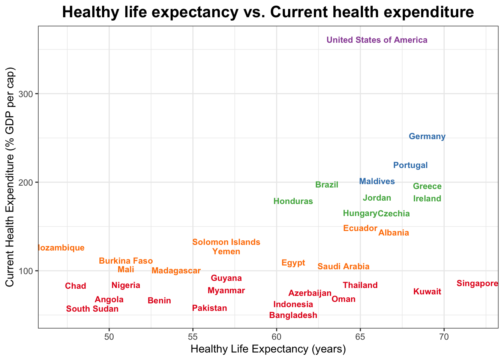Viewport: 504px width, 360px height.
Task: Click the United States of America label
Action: pyautogui.click(x=377, y=40)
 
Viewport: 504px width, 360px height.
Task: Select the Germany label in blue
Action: pyautogui.click(x=427, y=136)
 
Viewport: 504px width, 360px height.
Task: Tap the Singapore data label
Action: pyautogui.click(x=477, y=283)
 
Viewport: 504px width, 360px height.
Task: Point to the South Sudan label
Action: pyautogui.click(x=92, y=309)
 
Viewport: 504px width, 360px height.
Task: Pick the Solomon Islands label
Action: pyautogui.click(x=226, y=242)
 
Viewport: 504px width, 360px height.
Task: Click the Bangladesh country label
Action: pyautogui.click(x=293, y=315)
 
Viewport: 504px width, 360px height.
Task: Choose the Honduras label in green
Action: pyautogui.click(x=293, y=201)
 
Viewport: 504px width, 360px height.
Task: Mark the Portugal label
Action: pyautogui.click(x=410, y=165)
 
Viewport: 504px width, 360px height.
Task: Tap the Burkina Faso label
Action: pyautogui.click(x=126, y=261)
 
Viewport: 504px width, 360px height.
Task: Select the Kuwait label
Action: pyautogui.click(x=427, y=292)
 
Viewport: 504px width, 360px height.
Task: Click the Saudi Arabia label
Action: pyautogui.click(x=343, y=267)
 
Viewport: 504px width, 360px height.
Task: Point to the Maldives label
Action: pyautogui.click(x=377, y=181)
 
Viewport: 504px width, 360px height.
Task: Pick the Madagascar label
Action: pyautogui.click(x=176, y=271)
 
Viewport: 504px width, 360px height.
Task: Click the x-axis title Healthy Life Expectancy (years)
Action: pyautogui.click(x=268, y=349)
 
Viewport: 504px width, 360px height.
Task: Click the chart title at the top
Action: pyautogui.click(x=268, y=12)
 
